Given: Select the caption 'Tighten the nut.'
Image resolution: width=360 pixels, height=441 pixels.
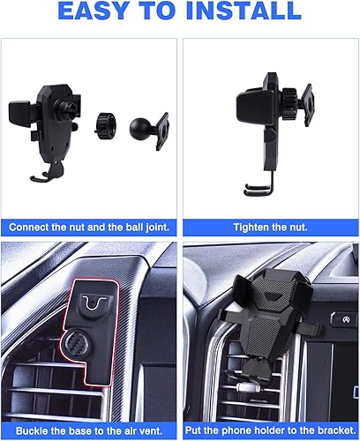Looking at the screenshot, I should point(269,227).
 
